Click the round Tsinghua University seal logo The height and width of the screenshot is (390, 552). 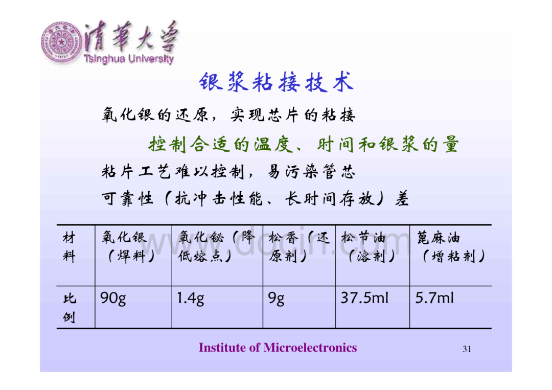(62, 43)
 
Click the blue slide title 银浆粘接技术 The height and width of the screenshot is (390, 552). (276, 82)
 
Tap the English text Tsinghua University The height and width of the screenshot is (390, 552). (129, 59)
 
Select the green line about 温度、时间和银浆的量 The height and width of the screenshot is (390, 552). (304, 144)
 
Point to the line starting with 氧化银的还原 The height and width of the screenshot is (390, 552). (228, 115)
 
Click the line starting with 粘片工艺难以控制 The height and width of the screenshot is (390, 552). (228, 172)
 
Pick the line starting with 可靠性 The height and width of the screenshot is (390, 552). (255, 199)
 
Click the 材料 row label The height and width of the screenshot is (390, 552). (70, 247)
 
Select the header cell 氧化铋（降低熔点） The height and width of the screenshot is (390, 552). (216, 246)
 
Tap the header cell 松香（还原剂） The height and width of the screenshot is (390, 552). (299, 246)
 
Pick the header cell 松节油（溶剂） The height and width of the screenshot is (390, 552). (368, 247)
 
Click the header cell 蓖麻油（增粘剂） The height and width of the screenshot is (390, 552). (451, 247)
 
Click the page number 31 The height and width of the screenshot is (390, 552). (467, 349)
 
